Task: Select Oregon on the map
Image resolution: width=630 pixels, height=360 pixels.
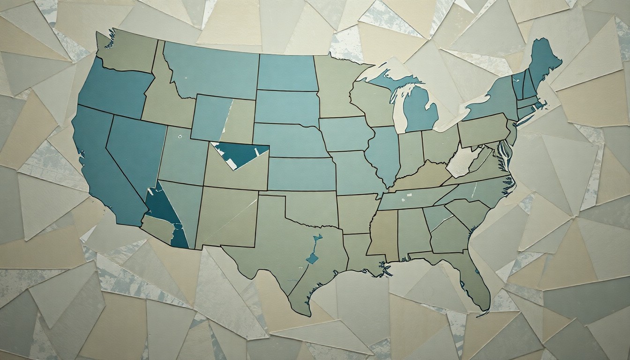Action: coord(112,89)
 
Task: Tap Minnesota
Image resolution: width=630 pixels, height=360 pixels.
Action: coord(335,84)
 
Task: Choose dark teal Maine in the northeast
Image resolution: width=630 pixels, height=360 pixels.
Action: coord(544,61)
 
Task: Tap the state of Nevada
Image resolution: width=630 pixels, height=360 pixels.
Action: coord(136,150)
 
